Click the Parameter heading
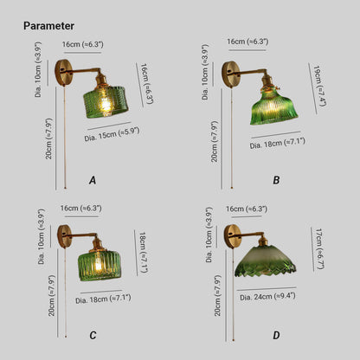pos(48,26)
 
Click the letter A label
pos(93,180)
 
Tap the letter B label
pos(276,180)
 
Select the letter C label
pos(93,335)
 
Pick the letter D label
pos(276,335)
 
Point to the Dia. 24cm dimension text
pos(267,297)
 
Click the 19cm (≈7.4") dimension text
pos(319,87)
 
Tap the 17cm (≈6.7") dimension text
pos(319,248)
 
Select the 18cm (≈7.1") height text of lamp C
pos(144,252)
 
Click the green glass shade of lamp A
pos(106,101)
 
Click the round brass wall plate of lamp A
pos(63,73)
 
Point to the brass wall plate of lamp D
pos(233,236)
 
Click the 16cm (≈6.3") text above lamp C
pos(81,208)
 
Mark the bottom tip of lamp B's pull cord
pos(232,188)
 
